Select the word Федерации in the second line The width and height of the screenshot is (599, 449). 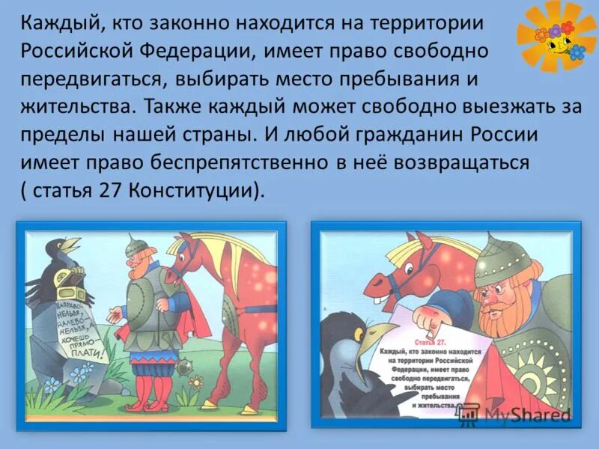pos(197,51)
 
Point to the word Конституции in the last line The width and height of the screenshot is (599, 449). pos(196,189)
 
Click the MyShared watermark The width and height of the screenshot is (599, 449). pos(516,415)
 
